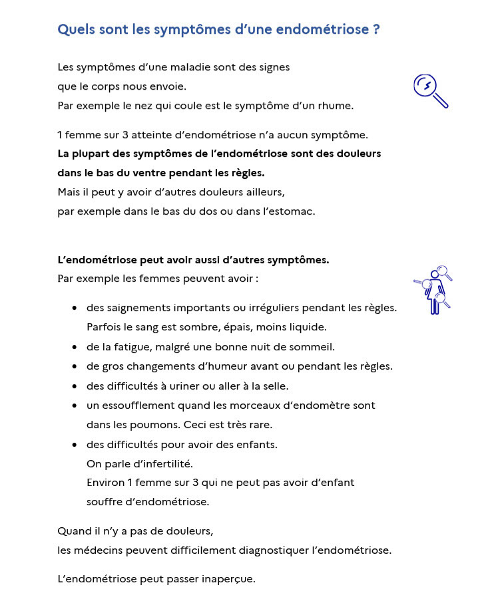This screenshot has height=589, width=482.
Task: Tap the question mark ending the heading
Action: click(376, 29)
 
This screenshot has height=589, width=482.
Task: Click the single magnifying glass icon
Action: click(430, 90)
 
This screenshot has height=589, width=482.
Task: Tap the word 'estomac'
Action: click(291, 211)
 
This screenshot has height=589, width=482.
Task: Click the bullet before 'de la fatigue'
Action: click(75, 347)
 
